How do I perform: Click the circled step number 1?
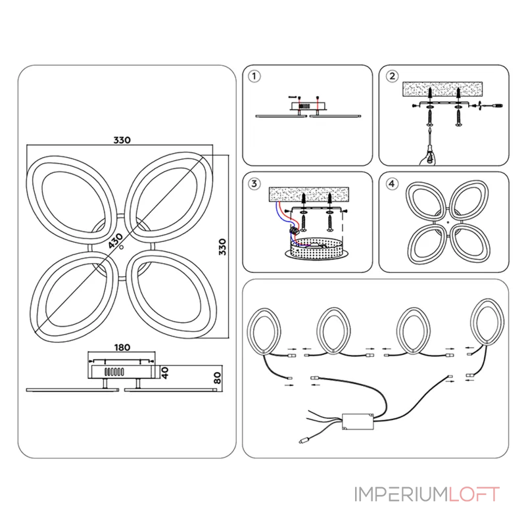254,76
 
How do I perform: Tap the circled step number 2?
392,76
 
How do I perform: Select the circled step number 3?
254,183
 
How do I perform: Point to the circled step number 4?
392,183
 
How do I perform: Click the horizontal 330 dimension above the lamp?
122,140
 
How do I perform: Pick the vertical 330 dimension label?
222,247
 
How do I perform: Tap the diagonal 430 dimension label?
116,241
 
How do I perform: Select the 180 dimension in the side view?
122,347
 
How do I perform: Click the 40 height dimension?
165,373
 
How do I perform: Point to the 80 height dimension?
218,377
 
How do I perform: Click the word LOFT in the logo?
474,494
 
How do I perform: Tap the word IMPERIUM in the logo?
402,494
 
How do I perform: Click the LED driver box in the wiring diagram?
358,421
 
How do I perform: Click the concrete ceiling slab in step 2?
442,89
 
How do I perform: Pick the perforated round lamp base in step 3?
316,249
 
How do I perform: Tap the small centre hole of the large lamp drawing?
122,247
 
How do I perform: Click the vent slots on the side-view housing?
114,371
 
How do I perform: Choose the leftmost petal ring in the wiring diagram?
264,331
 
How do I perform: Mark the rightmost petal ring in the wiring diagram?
487,322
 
